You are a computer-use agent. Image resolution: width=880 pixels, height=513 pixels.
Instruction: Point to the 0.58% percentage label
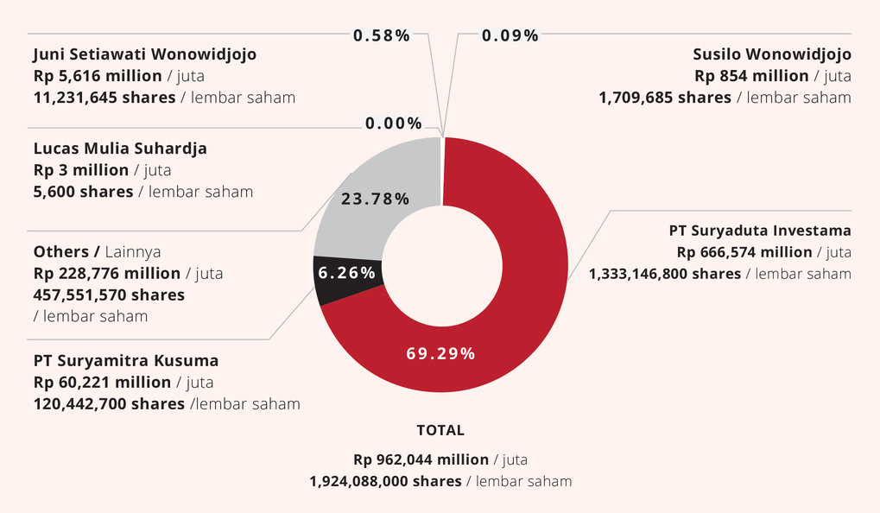(381, 35)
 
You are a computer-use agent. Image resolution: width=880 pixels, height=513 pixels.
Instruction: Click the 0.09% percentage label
(510, 35)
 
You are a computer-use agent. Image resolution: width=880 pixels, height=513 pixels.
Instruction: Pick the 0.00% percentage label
(393, 123)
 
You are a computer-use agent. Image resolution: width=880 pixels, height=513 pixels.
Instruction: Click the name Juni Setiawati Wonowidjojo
(144, 54)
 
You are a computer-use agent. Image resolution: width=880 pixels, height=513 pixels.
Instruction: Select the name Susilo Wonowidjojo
(772, 54)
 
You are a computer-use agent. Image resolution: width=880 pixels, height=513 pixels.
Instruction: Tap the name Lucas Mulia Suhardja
(120, 148)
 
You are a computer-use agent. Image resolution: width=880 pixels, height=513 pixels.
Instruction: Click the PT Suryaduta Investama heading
(760, 231)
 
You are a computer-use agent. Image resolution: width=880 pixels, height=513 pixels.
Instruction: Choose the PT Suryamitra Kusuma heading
(126, 359)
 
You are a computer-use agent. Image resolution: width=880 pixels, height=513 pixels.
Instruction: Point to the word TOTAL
(440, 430)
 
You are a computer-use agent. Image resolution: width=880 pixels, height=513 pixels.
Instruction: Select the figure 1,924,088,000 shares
(385, 481)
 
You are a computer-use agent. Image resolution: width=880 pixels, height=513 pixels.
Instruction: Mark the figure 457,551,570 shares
(109, 294)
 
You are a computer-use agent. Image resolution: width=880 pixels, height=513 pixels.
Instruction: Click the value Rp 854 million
(748, 76)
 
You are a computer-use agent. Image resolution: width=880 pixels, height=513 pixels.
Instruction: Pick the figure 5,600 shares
(83, 191)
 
